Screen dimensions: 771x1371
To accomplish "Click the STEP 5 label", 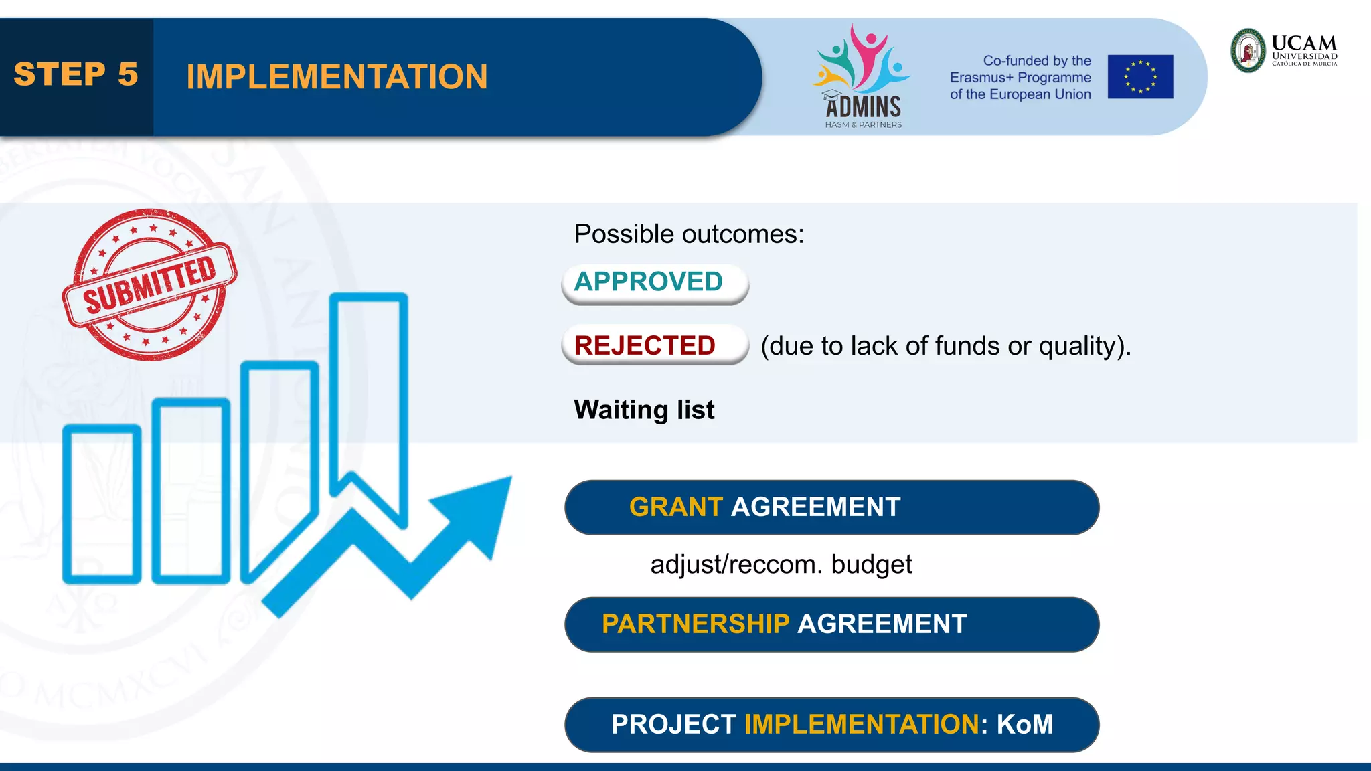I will [76, 74].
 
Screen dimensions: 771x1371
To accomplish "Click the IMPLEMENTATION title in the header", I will [337, 77].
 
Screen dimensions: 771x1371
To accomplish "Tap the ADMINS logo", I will [862, 78].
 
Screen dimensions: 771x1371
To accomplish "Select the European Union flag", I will [1139, 77].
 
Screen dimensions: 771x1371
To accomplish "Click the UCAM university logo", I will [1283, 50].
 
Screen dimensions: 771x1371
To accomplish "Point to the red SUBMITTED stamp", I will [149, 284].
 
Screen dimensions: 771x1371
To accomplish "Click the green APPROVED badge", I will [654, 282].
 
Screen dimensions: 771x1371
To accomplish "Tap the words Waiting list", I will [644, 410].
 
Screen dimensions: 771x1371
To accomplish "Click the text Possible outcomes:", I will [689, 234].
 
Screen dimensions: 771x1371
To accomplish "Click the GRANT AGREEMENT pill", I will [831, 507].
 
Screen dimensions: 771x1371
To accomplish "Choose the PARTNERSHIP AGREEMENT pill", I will [831, 624].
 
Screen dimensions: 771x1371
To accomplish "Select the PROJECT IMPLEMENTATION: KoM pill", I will [831, 725].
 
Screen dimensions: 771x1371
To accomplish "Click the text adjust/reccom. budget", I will [781, 564].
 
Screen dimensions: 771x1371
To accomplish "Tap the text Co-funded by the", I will [1036, 61].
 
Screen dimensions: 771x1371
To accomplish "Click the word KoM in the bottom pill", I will [1024, 725].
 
